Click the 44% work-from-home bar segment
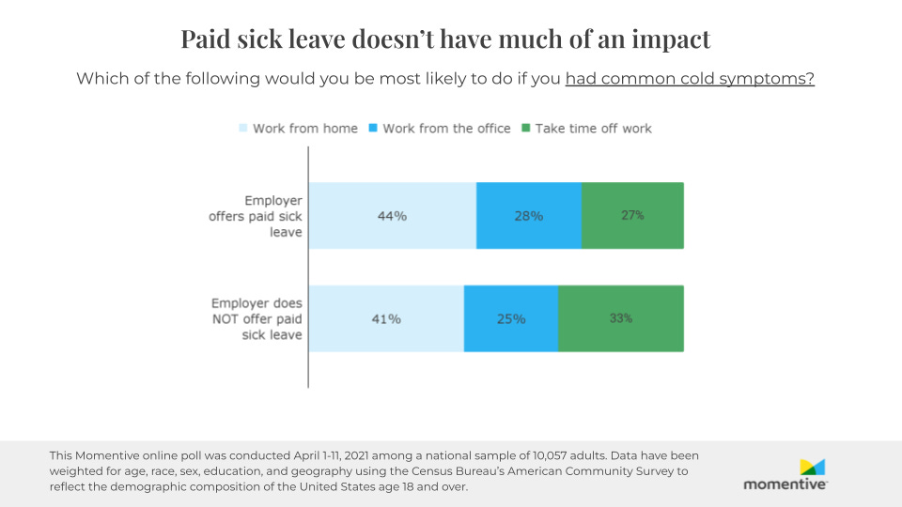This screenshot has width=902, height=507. (x=392, y=216)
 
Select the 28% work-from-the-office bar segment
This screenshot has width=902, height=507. (x=528, y=216)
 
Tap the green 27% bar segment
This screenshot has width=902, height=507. (x=632, y=216)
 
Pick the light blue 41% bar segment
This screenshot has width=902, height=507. (x=386, y=319)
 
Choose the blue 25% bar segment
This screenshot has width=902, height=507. (x=511, y=319)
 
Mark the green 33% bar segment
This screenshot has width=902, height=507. (x=620, y=319)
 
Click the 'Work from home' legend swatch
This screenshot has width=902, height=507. (x=242, y=129)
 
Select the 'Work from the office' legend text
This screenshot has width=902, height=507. (x=446, y=129)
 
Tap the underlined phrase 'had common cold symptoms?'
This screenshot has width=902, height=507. (x=689, y=79)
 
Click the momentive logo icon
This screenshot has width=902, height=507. (x=812, y=467)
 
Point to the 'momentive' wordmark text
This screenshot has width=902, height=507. (x=785, y=484)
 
